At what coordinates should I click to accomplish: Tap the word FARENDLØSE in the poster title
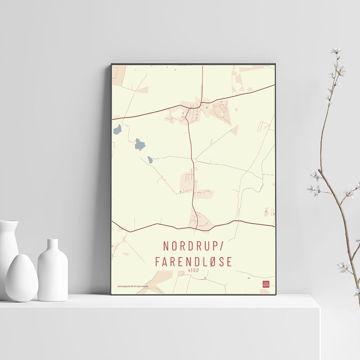(x=194, y=262)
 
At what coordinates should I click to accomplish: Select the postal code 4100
(x=193, y=270)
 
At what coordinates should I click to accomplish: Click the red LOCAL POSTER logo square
(x=266, y=284)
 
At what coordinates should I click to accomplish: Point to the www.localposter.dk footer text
(x=133, y=286)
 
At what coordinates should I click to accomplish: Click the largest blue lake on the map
(x=140, y=144)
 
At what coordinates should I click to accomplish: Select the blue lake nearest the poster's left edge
(x=117, y=129)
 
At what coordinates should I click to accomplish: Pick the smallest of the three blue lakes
(x=150, y=159)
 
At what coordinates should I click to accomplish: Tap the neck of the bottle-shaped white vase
(x=53, y=245)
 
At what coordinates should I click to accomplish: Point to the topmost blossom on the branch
(x=336, y=50)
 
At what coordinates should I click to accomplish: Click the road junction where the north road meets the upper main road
(x=202, y=103)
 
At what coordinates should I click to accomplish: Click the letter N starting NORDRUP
(x=166, y=246)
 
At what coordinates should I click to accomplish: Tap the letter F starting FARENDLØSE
(x=157, y=262)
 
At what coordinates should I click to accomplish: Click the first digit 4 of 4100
(x=189, y=270)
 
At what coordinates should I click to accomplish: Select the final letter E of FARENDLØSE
(x=230, y=262)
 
